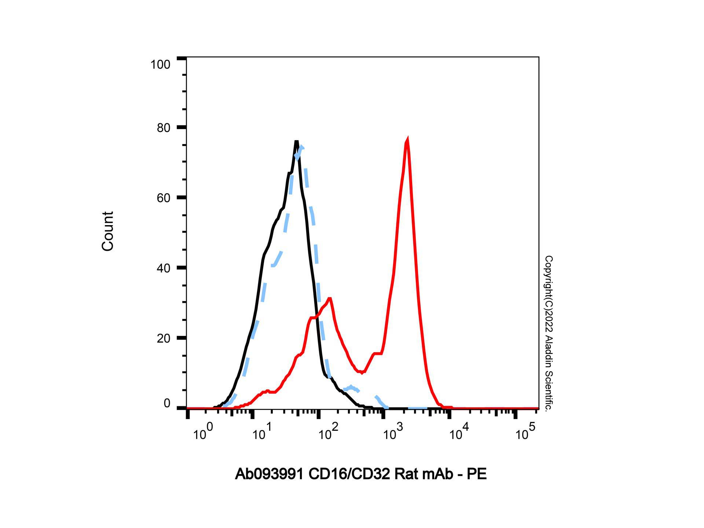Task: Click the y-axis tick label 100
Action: pyautogui.click(x=160, y=65)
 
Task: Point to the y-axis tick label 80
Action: pyautogui.click(x=164, y=128)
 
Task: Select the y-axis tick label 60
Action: pyautogui.click(x=164, y=198)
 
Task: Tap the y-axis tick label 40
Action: pyautogui.click(x=164, y=268)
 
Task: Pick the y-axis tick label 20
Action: pyautogui.click(x=164, y=338)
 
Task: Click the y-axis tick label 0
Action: pyautogui.click(x=167, y=403)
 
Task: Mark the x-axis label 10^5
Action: pyautogui.click(x=525, y=433)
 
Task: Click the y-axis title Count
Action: pyautogui.click(x=107, y=231)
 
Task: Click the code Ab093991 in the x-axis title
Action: pyautogui.click(x=269, y=474)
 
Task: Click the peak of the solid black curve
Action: pyautogui.click(x=296, y=142)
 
